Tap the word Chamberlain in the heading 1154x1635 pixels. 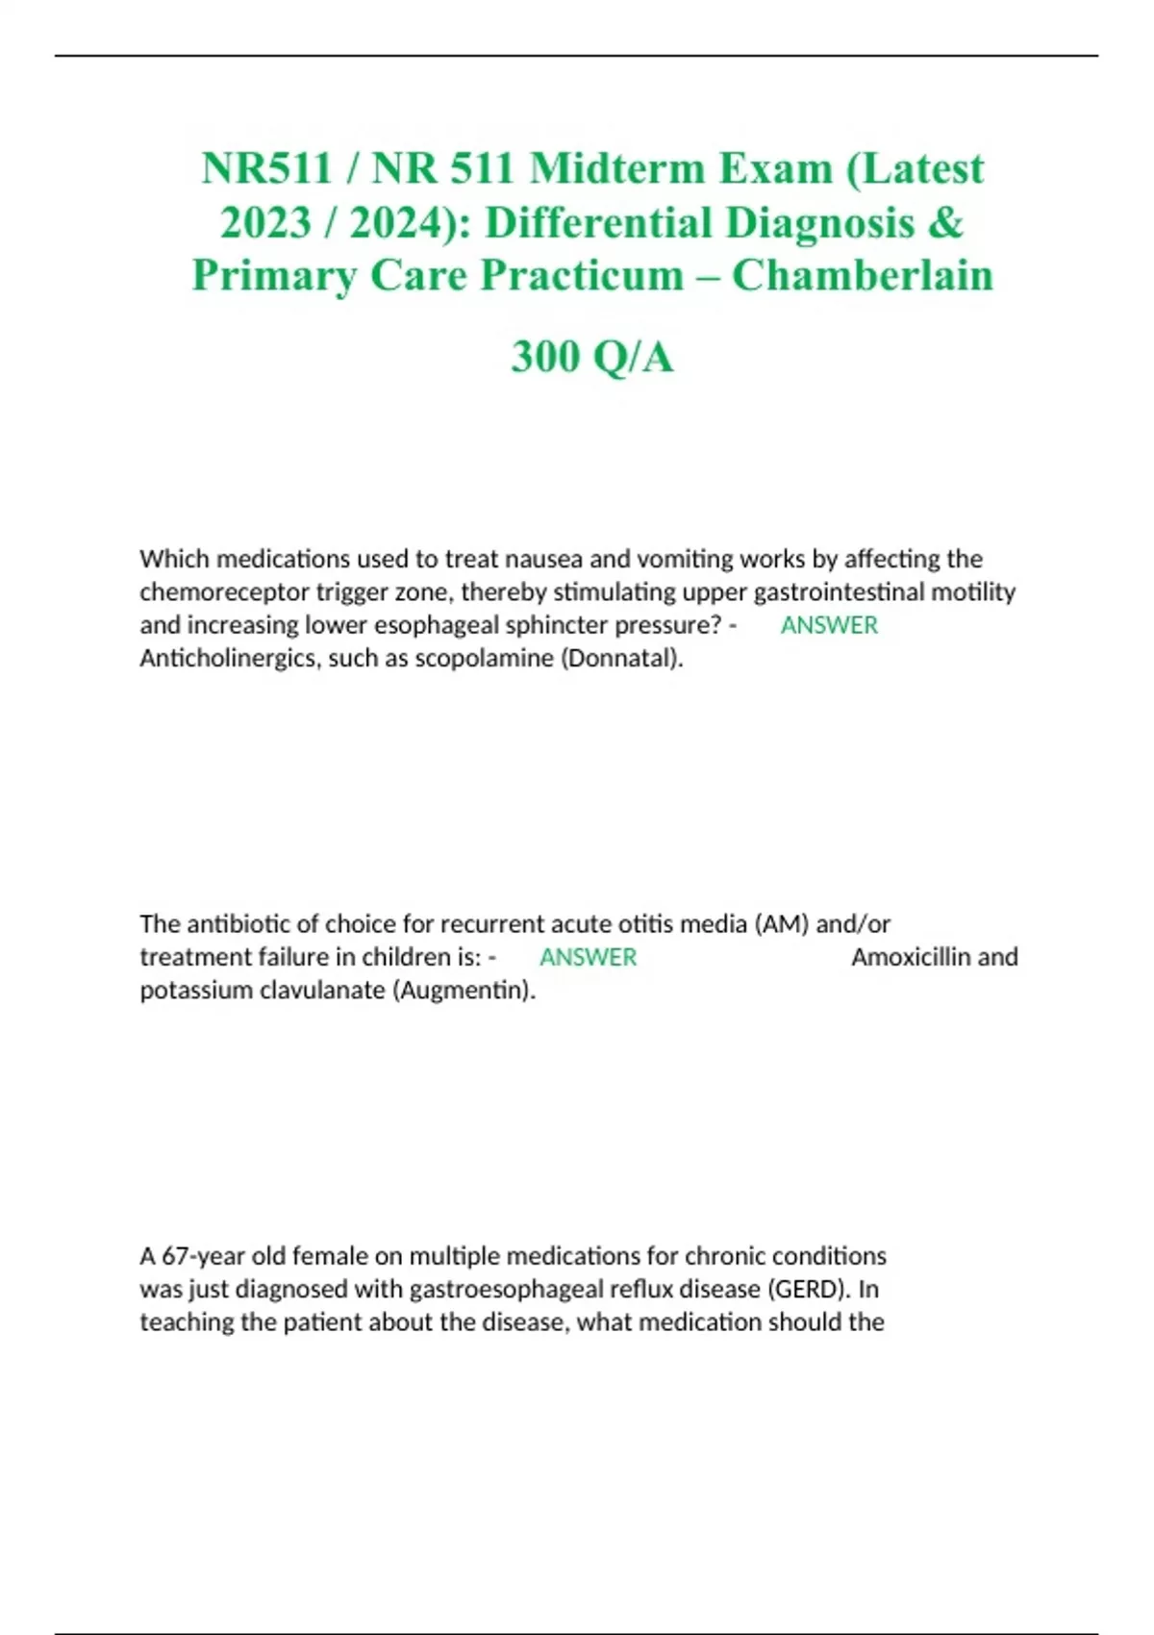863,275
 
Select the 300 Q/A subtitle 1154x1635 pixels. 592,357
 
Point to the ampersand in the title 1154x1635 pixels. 946,222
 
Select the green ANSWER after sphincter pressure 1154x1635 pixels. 829,625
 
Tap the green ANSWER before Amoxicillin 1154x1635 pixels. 588,957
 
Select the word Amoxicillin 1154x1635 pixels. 910,957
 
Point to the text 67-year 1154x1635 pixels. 203,1256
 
